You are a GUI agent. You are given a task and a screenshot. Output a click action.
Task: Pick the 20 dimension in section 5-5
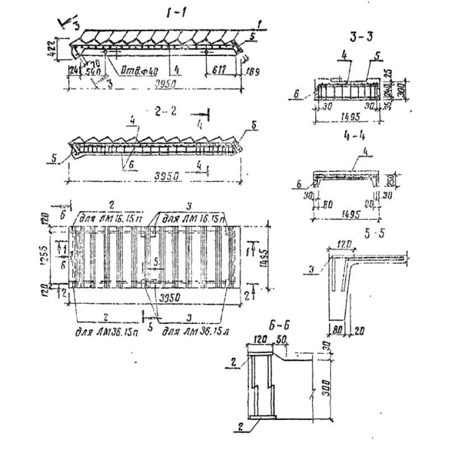tap(359, 332)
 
